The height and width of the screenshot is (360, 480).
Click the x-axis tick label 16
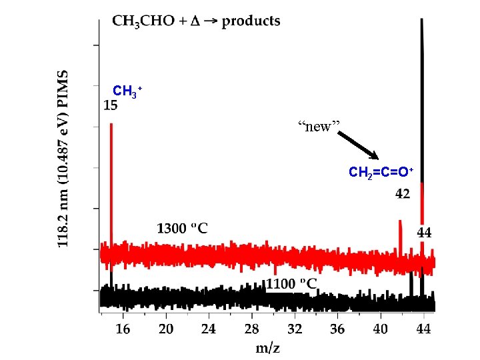click(x=123, y=329)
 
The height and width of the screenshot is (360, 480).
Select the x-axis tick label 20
click(x=165, y=329)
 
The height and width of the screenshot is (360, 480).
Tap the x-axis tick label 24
click(x=209, y=329)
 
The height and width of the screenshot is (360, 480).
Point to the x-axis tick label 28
click(x=251, y=329)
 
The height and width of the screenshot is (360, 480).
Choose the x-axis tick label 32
click(x=295, y=329)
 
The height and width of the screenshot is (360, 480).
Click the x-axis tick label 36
click(x=337, y=329)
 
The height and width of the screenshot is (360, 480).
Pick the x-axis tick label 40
click(x=380, y=329)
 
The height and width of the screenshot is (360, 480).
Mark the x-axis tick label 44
click(x=423, y=329)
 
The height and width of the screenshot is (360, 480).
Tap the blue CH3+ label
click(x=127, y=91)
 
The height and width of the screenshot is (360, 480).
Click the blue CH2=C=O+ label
click(x=381, y=173)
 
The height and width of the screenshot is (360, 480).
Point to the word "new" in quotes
click(x=319, y=127)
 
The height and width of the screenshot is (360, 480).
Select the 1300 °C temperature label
click(x=182, y=229)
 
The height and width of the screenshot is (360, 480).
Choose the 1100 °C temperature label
click(x=291, y=283)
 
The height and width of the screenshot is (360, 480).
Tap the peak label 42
click(x=403, y=194)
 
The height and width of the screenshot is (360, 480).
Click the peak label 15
click(x=111, y=105)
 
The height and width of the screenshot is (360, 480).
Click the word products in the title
click(x=251, y=21)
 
